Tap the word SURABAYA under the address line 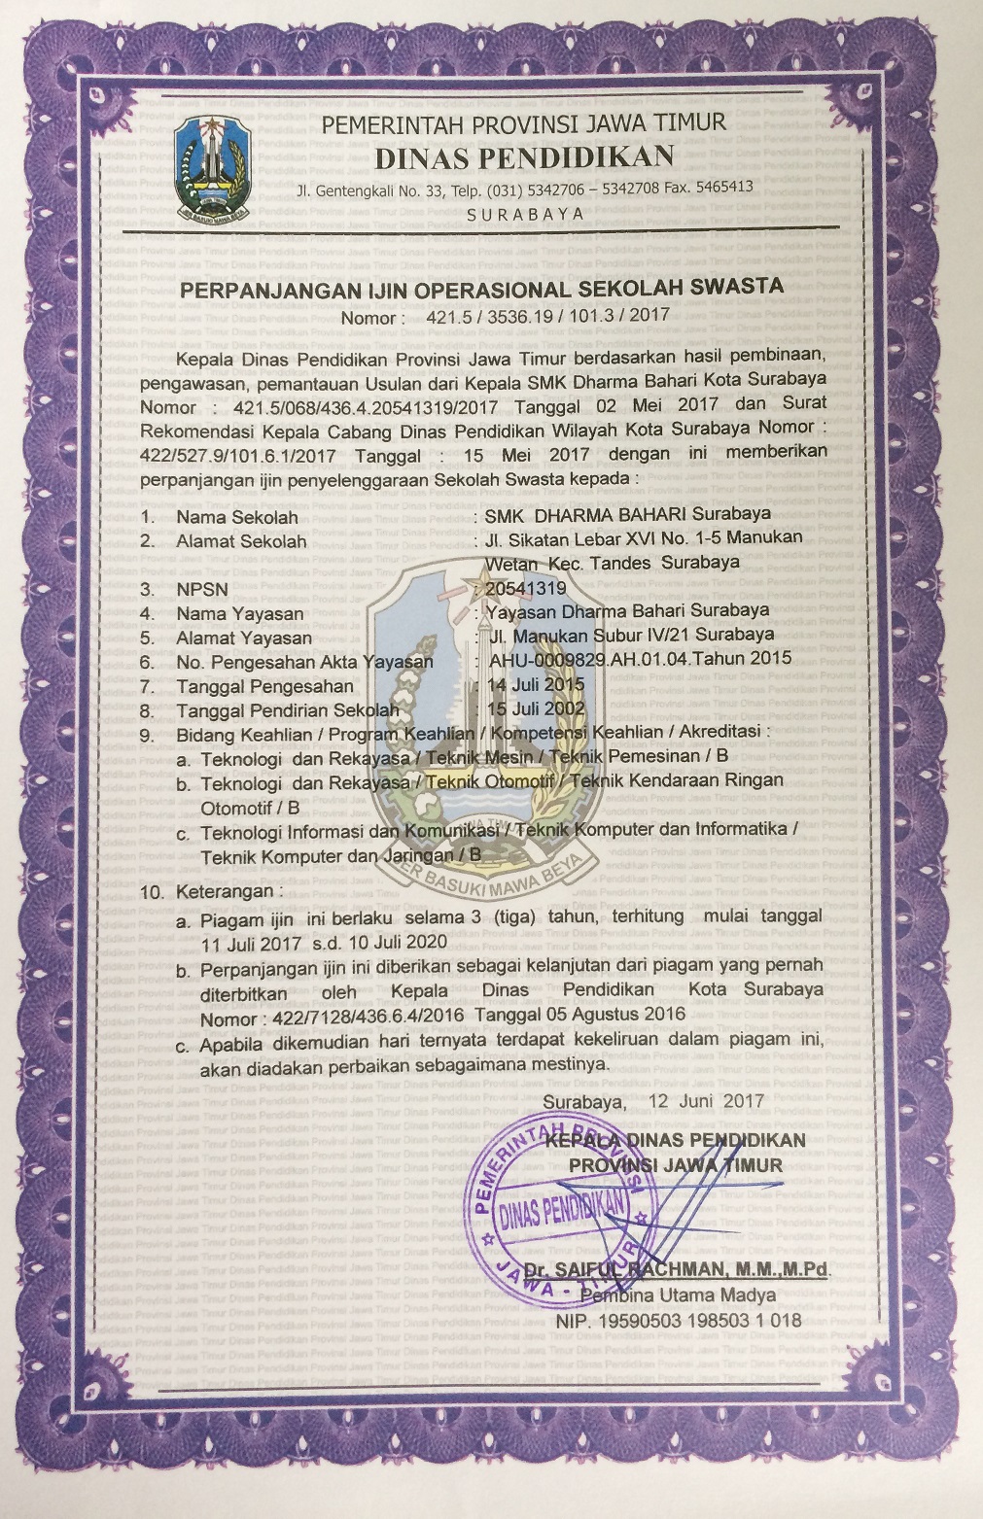[x=525, y=214]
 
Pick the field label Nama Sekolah [x=236, y=517]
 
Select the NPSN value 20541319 [x=525, y=588]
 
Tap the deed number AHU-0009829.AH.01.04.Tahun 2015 [x=641, y=659]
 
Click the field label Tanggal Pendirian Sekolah [x=287, y=710]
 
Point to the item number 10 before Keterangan [x=153, y=891]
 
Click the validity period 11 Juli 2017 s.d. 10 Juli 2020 [x=324, y=942]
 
